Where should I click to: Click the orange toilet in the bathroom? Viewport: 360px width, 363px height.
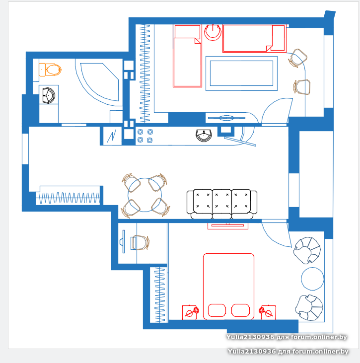[50, 70]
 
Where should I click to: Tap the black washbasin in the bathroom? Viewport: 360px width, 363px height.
[49, 95]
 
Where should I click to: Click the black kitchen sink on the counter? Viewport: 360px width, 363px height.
[204, 136]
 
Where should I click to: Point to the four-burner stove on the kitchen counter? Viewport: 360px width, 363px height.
[145, 136]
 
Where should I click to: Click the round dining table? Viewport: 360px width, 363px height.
[144, 195]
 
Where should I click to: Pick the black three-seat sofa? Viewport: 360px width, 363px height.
[222, 204]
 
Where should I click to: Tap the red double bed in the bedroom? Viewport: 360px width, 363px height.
[228, 287]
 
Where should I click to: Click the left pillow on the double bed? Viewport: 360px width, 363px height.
[217, 310]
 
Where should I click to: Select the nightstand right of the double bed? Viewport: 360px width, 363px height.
[268, 312]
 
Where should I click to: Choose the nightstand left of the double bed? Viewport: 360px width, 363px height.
[190, 312]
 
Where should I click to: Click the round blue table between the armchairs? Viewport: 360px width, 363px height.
[312, 279]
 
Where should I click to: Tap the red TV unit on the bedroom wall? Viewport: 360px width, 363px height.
[228, 226]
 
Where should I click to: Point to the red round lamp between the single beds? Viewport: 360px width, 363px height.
[213, 32]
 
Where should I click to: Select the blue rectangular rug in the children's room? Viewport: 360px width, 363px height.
[241, 73]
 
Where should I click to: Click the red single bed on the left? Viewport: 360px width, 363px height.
[187, 56]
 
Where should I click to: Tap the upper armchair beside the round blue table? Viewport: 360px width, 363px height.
[307, 250]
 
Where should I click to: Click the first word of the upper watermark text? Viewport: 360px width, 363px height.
[250, 337]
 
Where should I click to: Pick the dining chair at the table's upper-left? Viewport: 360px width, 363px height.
[131, 183]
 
